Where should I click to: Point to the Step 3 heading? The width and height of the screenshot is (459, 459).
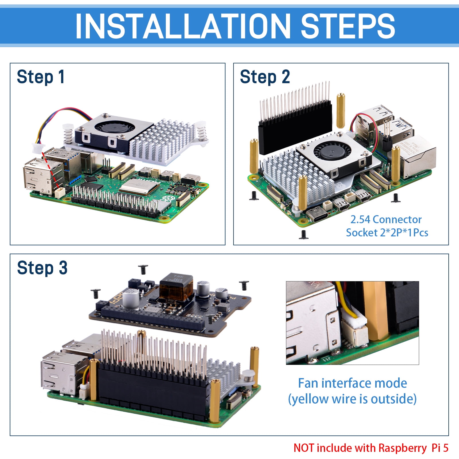42,268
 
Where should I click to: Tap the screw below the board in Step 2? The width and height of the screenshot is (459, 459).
304,234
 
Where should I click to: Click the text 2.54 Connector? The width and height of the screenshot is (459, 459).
386,219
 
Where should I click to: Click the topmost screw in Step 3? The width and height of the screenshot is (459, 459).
143,270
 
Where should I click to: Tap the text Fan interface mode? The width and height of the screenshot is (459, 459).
352,383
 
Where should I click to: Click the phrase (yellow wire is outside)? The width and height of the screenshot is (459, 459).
352,399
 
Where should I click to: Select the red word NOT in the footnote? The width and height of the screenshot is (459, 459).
304,448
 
